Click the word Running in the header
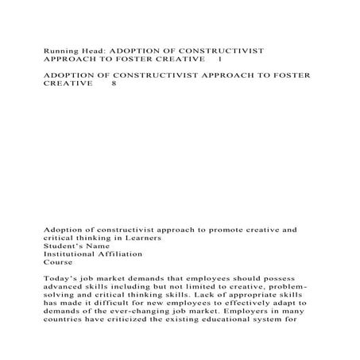[x=59, y=49]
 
